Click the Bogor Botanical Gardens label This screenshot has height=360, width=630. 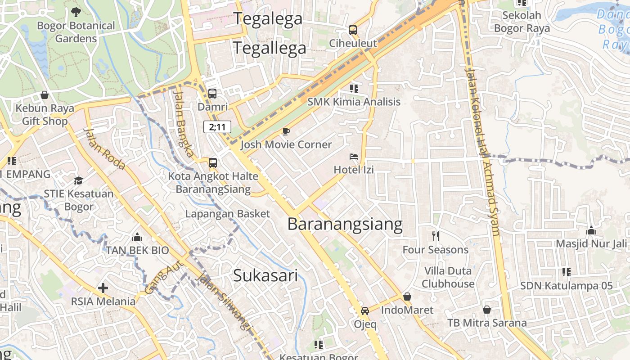coord(76,32)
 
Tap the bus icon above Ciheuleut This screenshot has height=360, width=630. coord(353,30)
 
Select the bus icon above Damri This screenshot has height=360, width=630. coord(212,94)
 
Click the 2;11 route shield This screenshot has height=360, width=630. coord(217,127)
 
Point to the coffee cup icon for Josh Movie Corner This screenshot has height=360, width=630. coord(286,131)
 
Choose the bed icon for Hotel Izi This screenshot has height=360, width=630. coord(354,157)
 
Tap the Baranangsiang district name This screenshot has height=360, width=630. coord(345,224)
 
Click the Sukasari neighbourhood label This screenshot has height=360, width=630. coord(265,275)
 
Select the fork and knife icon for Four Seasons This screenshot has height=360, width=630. coord(435,236)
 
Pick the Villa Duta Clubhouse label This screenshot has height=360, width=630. coord(448,277)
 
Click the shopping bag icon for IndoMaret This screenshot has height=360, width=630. coord(407,297)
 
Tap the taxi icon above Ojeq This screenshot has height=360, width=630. coord(365,311)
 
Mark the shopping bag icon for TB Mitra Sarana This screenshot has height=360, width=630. coord(487,310)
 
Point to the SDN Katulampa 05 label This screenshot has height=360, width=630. coord(567,285)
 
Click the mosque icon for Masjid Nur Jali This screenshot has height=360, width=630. coord(591,230)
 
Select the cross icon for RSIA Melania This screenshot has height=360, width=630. coord(103,288)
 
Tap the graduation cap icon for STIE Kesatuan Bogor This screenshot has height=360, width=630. coord(79,180)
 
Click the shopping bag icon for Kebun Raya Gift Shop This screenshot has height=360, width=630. coord(45,95)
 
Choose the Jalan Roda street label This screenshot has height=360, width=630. coord(104,148)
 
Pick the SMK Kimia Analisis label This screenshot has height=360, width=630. coord(354,102)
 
